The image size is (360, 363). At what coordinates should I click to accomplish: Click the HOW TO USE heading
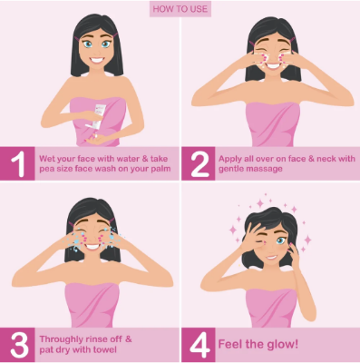[x=180, y=9]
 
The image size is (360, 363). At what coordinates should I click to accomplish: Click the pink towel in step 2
[x=270, y=118]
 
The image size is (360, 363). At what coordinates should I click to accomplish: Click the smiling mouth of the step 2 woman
[x=269, y=62]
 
